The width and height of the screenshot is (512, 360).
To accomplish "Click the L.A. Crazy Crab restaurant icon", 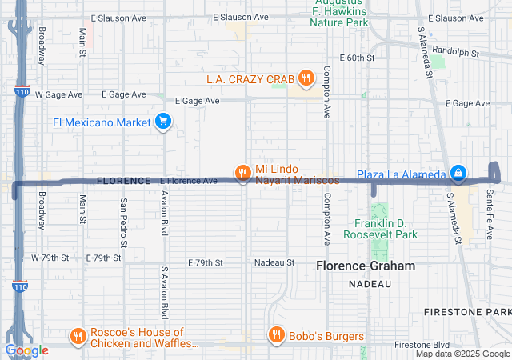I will pos(306,78).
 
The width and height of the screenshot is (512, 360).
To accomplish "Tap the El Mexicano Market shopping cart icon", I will pos(163,122).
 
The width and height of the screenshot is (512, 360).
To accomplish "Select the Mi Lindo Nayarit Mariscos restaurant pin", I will pos(243,171).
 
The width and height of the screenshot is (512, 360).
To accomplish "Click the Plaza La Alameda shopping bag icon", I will pos(458,172).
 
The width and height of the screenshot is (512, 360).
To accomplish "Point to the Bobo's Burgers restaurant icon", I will pos(276,335).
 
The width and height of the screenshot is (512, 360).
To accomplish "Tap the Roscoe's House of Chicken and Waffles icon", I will pos(78,335).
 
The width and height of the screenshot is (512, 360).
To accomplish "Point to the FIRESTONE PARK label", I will pos(478,310).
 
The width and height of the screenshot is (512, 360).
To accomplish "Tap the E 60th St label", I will pos(358,58).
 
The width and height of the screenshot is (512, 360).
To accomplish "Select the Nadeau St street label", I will pos(274,262).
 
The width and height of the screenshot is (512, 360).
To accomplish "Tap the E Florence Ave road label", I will pos(189,181).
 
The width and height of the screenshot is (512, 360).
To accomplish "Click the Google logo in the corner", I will pos(27,350).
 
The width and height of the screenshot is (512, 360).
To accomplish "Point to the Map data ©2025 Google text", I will pos(462,354).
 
